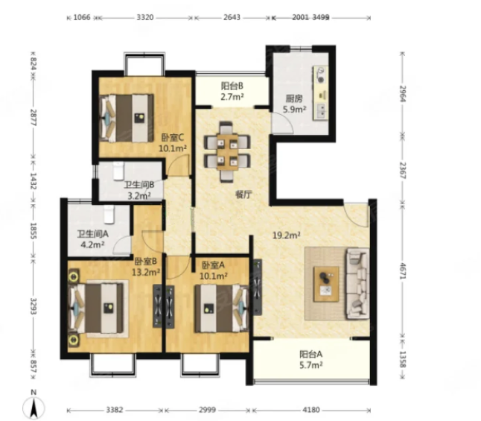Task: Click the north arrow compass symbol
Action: click(34, 405)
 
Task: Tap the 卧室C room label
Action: click(173, 137)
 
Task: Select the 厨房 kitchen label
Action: click(294, 98)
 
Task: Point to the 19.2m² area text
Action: click(287, 235)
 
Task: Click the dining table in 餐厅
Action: click(227, 152)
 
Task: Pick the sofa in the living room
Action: click(357, 284)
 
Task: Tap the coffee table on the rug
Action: click(326, 284)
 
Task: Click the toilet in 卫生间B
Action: click(118, 171)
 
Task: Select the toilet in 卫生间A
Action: click(109, 214)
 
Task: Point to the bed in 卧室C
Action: click(127, 118)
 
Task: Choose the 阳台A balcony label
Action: click(311, 355)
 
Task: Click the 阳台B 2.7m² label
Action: click(232, 91)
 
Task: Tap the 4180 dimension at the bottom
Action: click(311, 410)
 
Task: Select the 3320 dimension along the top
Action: click(145, 17)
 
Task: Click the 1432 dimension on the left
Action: click(33, 181)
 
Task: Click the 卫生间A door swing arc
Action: click(121, 244)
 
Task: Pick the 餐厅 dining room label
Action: click(243, 194)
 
